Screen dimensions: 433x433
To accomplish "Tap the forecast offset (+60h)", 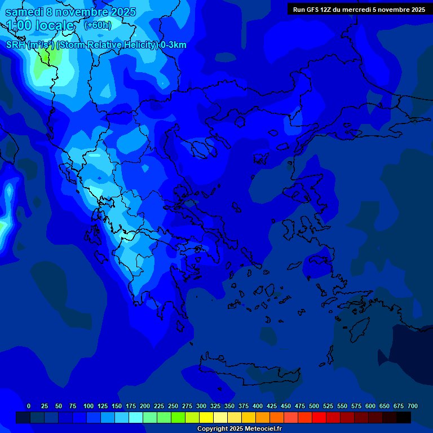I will (98, 25).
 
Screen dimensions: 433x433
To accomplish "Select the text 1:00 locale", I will (40, 26).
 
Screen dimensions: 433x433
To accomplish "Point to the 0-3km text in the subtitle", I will (174, 45).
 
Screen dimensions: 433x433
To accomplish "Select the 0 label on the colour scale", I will (29, 406).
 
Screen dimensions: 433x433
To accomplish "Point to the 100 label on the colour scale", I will (89, 406).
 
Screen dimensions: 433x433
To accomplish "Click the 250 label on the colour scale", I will (173, 406).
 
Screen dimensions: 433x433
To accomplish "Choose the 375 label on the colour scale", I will (244, 406).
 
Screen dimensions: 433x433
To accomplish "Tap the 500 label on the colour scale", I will (314, 406).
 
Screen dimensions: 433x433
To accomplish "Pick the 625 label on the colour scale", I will (385, 406).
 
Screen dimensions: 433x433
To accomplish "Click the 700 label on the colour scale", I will (413, 406).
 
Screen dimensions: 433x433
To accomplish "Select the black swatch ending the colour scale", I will (404, 417).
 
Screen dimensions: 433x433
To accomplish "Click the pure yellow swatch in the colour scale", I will (206, 417).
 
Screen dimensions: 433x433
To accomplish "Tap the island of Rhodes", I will (359, 327).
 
